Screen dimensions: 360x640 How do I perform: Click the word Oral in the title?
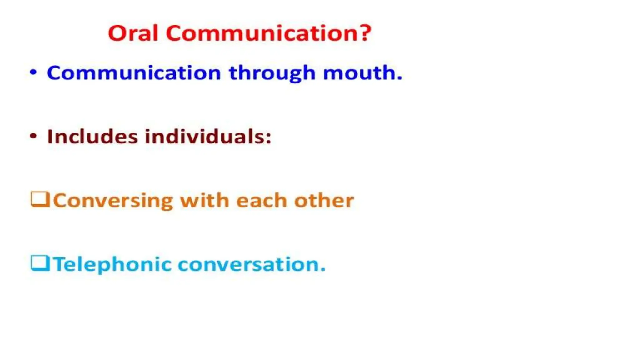coord(133,33)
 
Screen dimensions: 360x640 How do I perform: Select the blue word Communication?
coord(134,73)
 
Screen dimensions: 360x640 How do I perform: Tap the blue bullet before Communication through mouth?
coord(33,72)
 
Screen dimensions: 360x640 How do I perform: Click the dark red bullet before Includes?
coord(33,136)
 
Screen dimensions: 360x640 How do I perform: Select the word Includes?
coord(92,137)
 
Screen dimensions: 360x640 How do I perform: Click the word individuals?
coord(204,137)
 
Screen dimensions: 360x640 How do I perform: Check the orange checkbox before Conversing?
coord(40,199)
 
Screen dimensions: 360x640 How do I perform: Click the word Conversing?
coord(113,201)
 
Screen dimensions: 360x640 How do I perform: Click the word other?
coord(324,200)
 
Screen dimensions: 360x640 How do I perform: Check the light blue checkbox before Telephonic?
coord(40,263)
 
